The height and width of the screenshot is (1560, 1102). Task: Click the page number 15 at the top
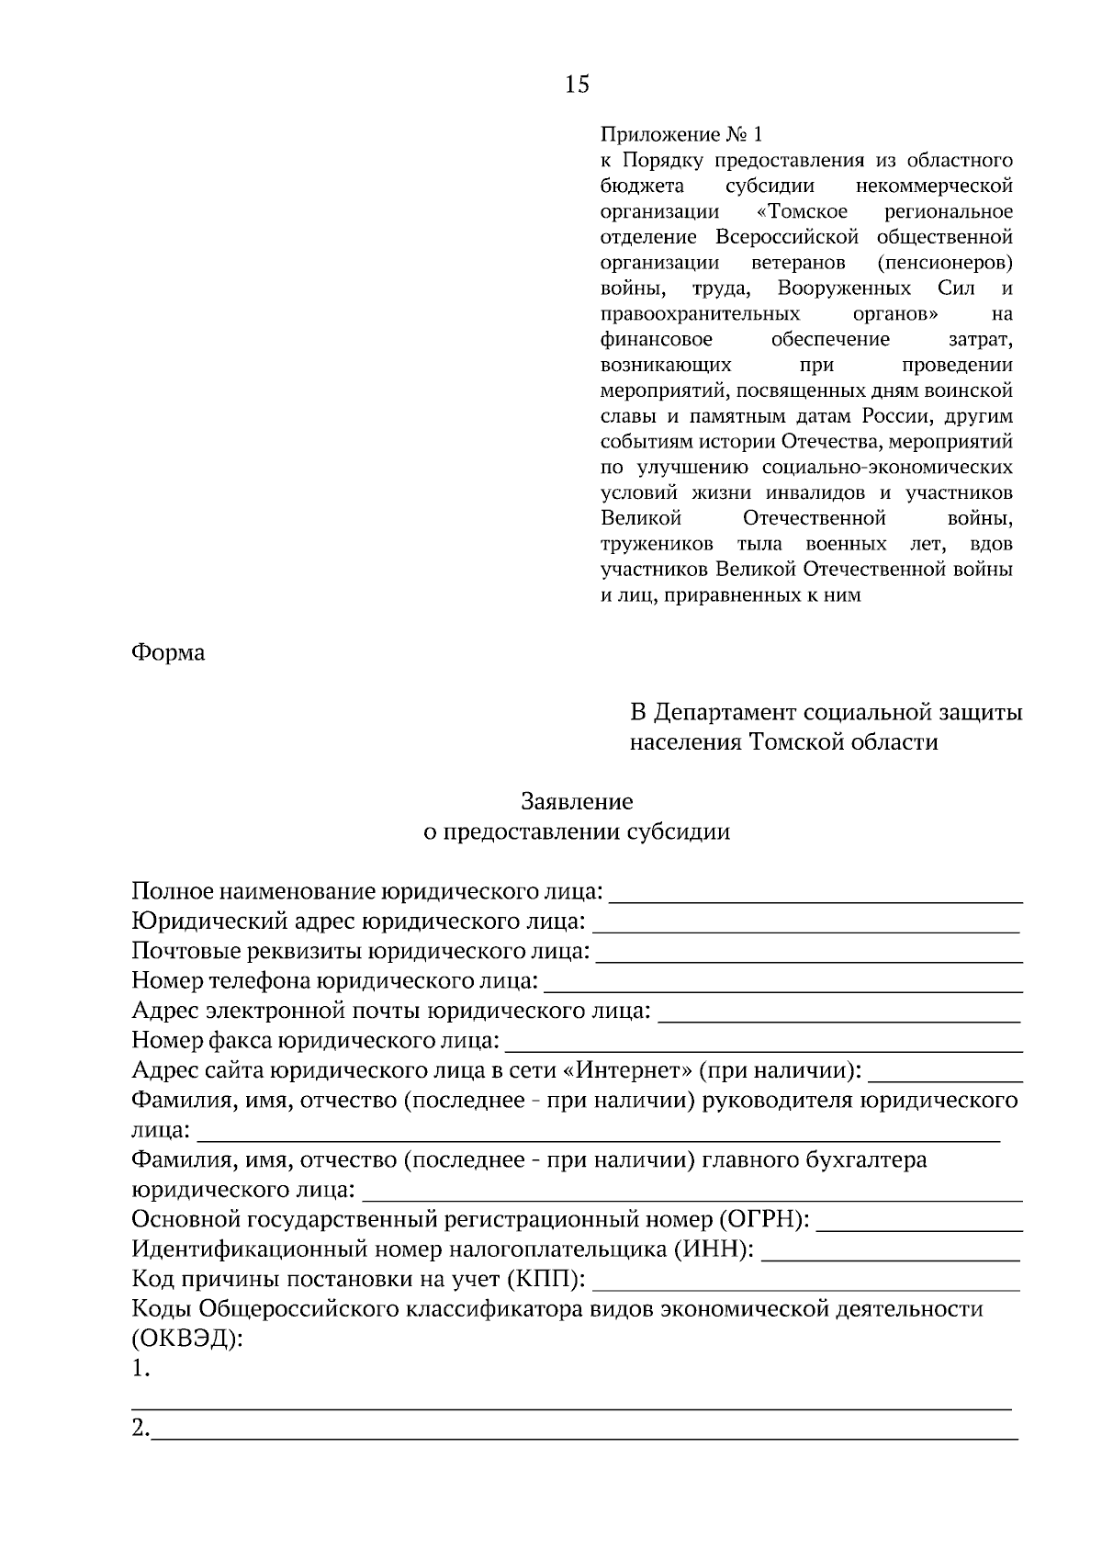point(577,85)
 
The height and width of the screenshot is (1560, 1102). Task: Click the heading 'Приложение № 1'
point(680,135)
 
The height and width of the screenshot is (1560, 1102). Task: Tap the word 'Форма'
point(168,652)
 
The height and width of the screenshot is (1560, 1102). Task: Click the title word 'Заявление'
point(577,802)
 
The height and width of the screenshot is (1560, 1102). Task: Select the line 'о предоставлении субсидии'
point(577,832)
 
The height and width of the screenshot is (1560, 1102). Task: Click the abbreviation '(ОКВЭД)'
point(187,1338)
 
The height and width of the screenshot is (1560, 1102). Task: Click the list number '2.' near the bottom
point(141,1430)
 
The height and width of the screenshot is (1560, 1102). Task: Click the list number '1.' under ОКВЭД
point(141,1370)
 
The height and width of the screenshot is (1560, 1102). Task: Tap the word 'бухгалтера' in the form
point(866,1160)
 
